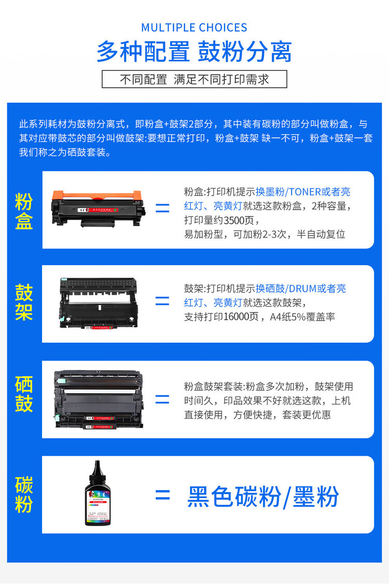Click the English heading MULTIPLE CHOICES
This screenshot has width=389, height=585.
(194, 28)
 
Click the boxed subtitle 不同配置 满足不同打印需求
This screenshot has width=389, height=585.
(194, 79)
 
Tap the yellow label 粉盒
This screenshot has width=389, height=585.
(24, 211)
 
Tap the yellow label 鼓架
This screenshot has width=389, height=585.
(24, 302)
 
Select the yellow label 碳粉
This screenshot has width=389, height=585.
(24, 494)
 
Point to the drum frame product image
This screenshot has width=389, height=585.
(99, 304)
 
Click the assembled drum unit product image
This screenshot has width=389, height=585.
(99, 399)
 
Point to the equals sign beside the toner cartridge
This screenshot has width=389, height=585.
(162, 209)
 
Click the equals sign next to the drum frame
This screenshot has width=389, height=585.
(162, 302)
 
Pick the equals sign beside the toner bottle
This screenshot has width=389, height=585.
(162, 495)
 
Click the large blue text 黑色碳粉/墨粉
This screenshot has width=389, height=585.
(263, 497)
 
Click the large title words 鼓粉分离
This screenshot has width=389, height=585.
(245, 51)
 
